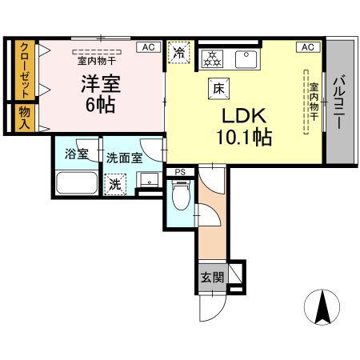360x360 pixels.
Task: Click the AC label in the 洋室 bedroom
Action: pyautogui.click(x=148, y=48)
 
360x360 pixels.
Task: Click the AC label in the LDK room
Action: pyautogui.click(x=307, y=48)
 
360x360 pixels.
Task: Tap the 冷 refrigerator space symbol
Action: pyautogui.click(x=179, y=53)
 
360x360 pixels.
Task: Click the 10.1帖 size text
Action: pyautogui.click(x=242, y=137)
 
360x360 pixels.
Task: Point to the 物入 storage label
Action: pyautogui.click(x=25, y=118)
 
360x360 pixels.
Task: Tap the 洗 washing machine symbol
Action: pyautogui.click(x=116, y=183)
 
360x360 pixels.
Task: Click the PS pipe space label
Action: pyautogui.click(x=179, y=171)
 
